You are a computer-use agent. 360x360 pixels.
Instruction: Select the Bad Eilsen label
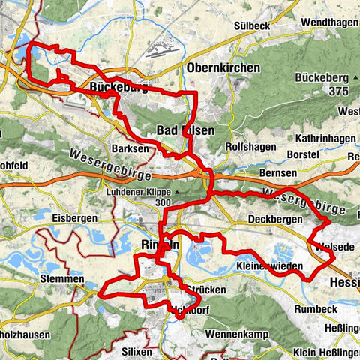point(185,130)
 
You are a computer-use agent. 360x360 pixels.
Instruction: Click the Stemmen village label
point(60,279)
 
